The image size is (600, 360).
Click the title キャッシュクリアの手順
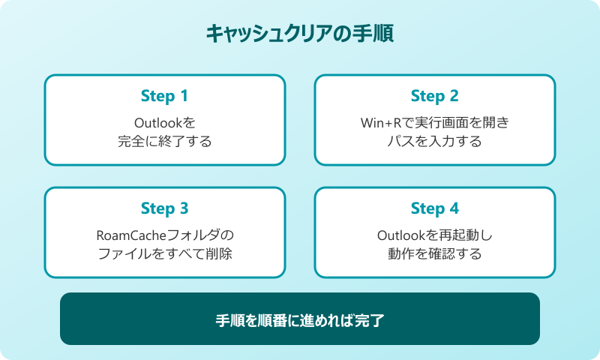click(300, 34)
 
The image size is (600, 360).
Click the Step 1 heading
click(164, 97)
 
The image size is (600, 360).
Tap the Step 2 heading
click(434, 97)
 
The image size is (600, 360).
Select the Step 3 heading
click(164, 208)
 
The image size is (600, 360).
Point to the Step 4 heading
click(434, 208)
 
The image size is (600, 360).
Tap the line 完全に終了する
click(165, 141)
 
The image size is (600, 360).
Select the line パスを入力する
click(435, 141)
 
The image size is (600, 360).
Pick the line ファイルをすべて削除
click(165, 253)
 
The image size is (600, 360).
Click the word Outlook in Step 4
click(400, 235)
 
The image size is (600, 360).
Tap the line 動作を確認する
click(435, 253)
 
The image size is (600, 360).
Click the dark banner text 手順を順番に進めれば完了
click(300, 319)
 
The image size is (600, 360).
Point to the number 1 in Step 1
click(184, 97)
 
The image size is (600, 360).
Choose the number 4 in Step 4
click(454, 208)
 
